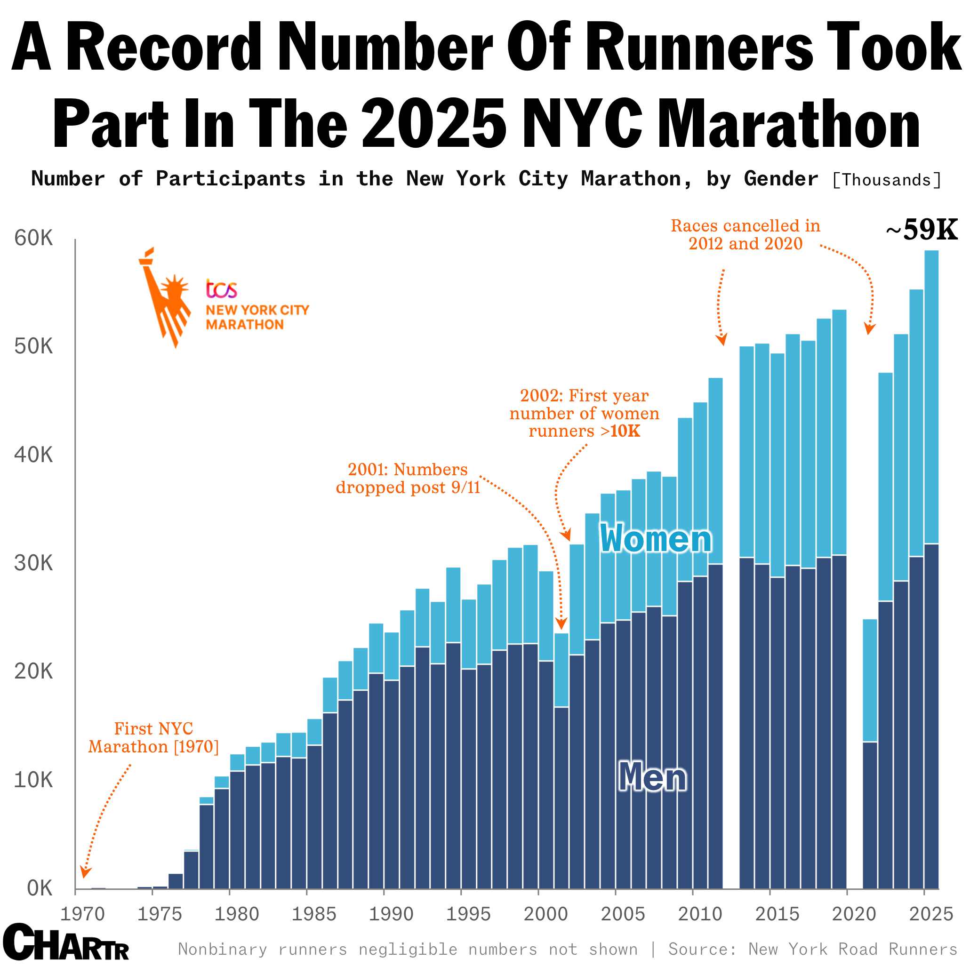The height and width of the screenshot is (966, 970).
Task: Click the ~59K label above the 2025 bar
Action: tap(922, 231)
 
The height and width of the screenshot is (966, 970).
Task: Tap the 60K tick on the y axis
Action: tap(33, 239)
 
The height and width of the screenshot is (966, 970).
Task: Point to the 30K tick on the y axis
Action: tap(33, 564)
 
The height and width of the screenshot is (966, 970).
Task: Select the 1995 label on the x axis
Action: tap(468, 914)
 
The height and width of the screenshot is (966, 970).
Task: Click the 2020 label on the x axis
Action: tap(854, 914)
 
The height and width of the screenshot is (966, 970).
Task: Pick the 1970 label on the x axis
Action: tap(82, 914)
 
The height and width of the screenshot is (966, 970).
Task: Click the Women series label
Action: tap(656, 538)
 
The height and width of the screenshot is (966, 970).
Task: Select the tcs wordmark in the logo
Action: tap(221, 289)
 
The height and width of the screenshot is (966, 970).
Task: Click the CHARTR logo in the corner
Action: tap(66, 943)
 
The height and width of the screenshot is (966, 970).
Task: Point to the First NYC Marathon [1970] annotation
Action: tap(153, 737)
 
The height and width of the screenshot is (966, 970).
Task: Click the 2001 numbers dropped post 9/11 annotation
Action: tap(408, 478)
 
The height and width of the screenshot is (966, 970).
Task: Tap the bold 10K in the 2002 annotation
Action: tap(625, 431)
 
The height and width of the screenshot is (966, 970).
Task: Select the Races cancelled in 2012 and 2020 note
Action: tap(745, 234)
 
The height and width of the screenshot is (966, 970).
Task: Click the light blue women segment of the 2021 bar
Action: tap(870, 680)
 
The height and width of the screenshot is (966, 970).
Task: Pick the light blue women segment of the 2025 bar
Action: tap(931, 397)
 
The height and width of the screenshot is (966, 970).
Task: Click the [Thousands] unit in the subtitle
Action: tap(886, 180)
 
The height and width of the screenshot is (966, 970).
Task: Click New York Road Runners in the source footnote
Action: tap(852, 949)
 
